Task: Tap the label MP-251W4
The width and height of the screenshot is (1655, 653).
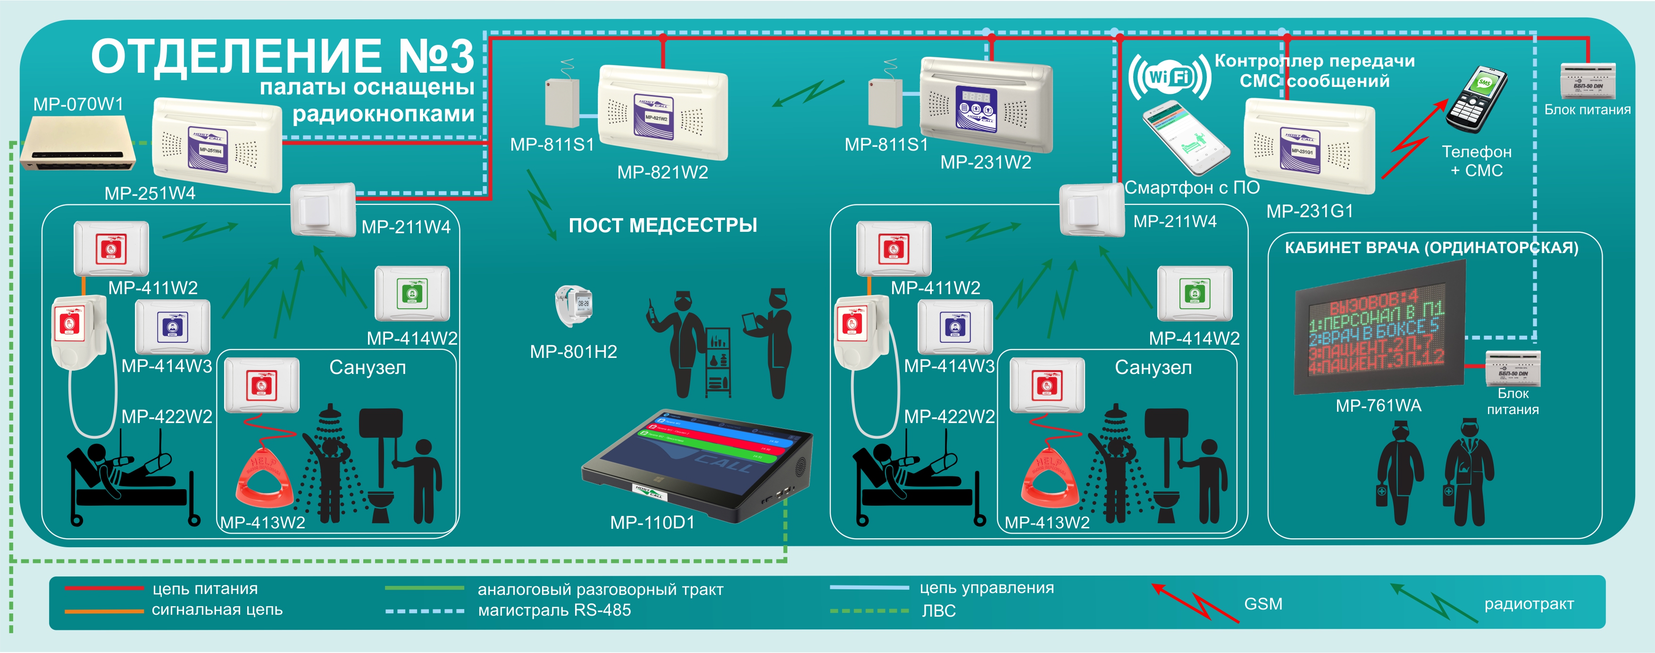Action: [150, 194]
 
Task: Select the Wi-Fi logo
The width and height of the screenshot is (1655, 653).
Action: [1169, 77]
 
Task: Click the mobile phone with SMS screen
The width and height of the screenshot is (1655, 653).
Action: [1476, 99]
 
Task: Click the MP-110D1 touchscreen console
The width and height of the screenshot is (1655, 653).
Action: [697, 466]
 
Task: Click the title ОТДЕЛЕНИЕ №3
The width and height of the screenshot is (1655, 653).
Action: [282, 57]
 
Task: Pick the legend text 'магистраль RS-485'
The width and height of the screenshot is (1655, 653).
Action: [554, 610]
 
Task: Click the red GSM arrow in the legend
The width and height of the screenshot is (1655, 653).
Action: [1195, 602]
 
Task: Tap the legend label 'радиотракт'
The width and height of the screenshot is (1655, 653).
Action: [1529, 604]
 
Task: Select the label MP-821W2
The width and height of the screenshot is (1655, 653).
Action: [662, 172]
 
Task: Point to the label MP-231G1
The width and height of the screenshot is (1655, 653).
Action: [1309, 211]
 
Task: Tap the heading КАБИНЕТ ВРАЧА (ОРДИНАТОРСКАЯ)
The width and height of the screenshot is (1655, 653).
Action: [1431, 247]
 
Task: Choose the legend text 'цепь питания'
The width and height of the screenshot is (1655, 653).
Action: [205, 589]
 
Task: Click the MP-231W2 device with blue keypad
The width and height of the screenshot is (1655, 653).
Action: [986, 106]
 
